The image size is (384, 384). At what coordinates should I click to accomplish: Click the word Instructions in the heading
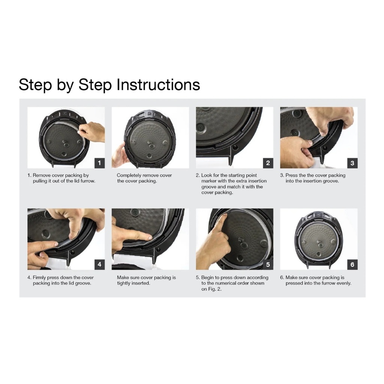coord(158,85)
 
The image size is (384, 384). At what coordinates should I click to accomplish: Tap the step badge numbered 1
coord(99,163)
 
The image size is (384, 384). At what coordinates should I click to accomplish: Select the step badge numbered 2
coord(268,163)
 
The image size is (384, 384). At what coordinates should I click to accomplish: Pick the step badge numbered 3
coord(352,163)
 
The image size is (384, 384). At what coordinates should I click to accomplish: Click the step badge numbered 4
coord(99,264)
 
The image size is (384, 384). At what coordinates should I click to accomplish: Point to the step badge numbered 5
coord(268,264)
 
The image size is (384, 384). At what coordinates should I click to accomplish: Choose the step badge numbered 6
coord(352,264)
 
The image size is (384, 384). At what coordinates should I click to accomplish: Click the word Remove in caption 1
coord(42,175)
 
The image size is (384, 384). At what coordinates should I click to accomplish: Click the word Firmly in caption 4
coord(39,278)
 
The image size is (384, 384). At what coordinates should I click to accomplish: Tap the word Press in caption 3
coord(291,175)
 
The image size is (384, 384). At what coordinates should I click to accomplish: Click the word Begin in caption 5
coord(207,278)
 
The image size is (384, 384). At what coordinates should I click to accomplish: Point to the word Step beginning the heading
coord(35,85)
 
